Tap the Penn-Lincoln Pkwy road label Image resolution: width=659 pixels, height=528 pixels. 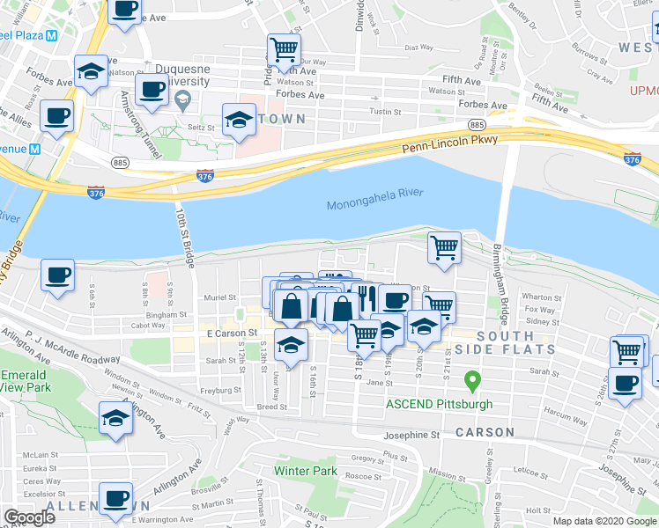(x=450, y=144)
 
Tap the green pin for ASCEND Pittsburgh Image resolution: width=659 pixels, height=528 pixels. (x=472, y=382)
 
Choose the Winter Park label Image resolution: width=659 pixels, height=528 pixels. (x=305, y=471)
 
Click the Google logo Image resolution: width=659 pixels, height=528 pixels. (x=30, y=517)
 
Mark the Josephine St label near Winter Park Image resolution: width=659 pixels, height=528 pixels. (x=410, y=435)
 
